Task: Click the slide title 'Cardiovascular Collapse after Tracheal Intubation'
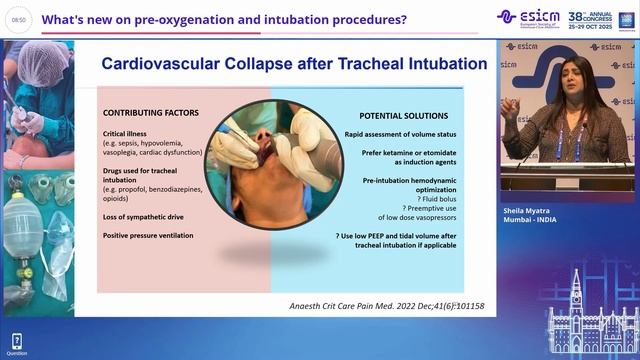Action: (294, 63)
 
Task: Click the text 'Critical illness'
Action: (129, 133)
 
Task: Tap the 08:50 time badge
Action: (19, 19)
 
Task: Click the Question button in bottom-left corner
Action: (16, 344)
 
